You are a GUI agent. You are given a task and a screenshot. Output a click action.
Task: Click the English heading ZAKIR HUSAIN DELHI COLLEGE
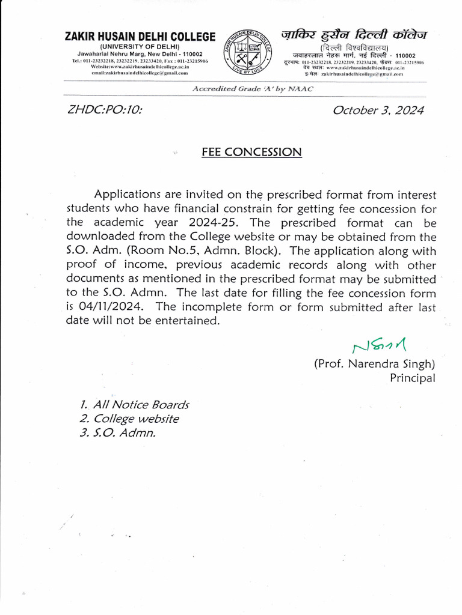click(140, 37)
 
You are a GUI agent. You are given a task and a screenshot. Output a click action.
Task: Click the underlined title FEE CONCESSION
click(251, 152)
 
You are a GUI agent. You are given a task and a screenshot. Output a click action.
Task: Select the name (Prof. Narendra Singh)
click(374, 364)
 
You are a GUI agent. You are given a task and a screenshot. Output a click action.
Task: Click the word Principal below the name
click(412, 378)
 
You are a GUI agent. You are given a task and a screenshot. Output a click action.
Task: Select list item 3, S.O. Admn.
click(117, 433)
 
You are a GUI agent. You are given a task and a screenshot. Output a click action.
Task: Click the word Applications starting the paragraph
click(132, 195)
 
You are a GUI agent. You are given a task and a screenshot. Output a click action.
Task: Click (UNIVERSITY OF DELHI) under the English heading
click(140, 46)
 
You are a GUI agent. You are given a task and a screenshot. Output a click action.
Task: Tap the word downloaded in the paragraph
click(99, 237)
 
